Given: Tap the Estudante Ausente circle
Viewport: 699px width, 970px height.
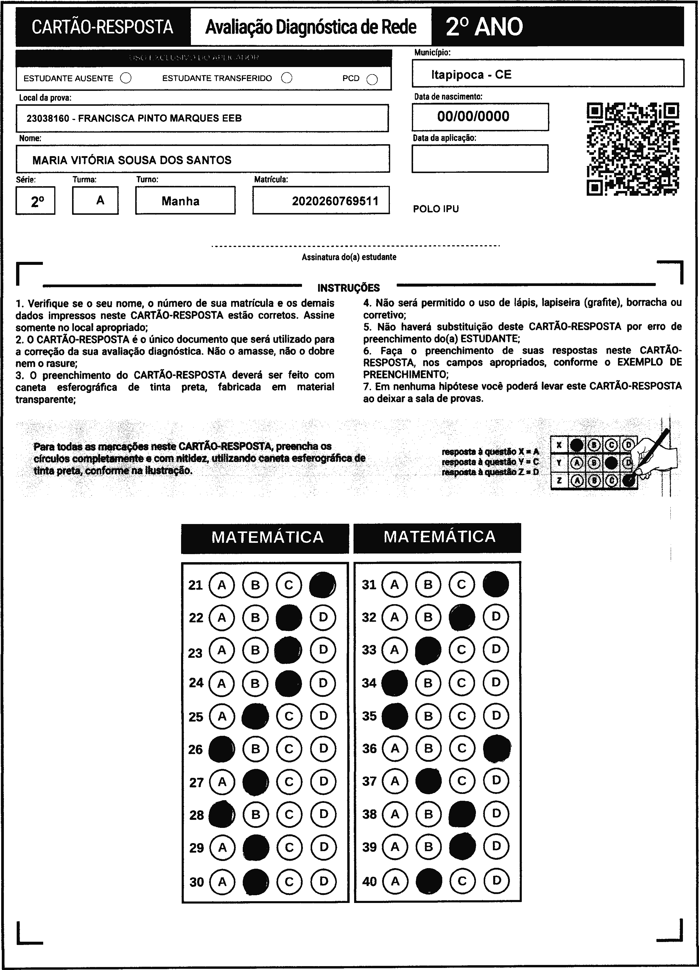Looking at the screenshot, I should (x=126, y=78).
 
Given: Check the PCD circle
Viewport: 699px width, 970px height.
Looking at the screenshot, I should (x=372, y=80).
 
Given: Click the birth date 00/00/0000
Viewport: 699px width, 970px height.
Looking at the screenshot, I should (x=473, y=116).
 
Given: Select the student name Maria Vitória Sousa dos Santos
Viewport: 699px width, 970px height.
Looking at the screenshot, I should (x=132, y=160).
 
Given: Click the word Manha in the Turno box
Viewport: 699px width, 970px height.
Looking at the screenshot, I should (x=180, y=201).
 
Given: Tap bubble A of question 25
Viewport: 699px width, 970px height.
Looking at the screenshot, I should (x=222, y=716).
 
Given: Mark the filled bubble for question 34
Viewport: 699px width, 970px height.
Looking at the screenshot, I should (x=394, y=683).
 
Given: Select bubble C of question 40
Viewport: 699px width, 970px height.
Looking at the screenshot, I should (x=462, y=881).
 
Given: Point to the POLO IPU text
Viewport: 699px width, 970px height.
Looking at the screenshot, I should (x=436, y=209).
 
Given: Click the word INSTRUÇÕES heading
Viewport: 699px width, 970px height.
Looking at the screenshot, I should (x=348, y=288).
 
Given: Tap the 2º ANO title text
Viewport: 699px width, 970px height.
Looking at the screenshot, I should (x=484, y=27).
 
